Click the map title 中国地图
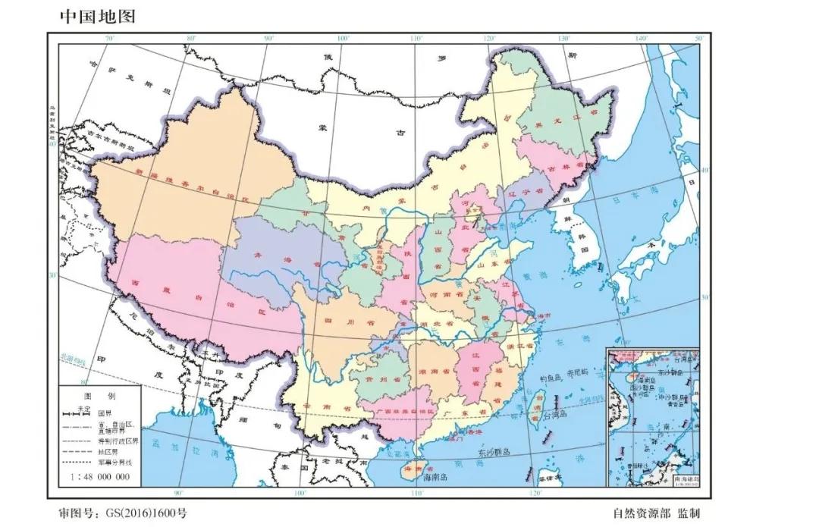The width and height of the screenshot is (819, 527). coord(97,16)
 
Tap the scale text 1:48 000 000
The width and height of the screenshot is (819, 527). coord(99,477)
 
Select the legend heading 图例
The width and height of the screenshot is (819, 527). coord(101,396)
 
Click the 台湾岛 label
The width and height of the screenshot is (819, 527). coord(554,416)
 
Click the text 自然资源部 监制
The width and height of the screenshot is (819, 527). coord(657,513)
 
